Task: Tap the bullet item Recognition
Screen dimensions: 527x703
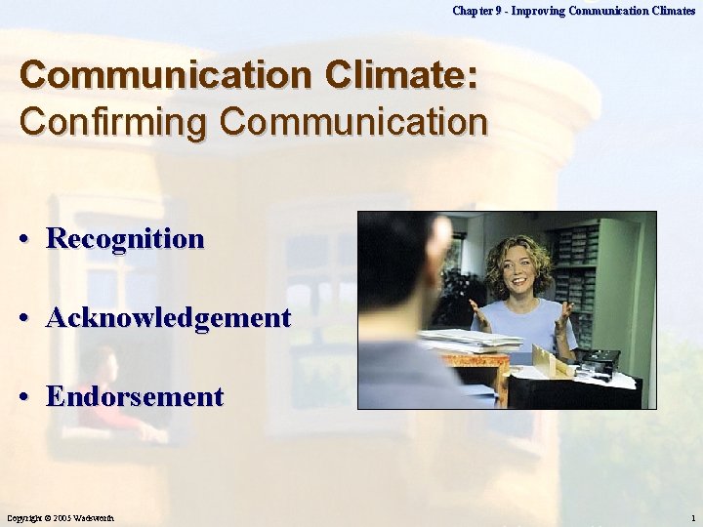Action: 125,239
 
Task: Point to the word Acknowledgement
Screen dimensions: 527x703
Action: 168,318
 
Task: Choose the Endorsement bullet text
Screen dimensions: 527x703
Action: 135,397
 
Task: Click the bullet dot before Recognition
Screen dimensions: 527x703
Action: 32,240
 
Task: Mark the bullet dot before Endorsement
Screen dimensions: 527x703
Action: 32,398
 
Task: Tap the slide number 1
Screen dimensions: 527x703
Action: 692,517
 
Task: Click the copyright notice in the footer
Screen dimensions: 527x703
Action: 62,517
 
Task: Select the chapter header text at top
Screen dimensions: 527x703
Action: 573,11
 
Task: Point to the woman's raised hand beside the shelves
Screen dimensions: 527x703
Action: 564,315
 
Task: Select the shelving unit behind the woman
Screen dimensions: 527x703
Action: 586,263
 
